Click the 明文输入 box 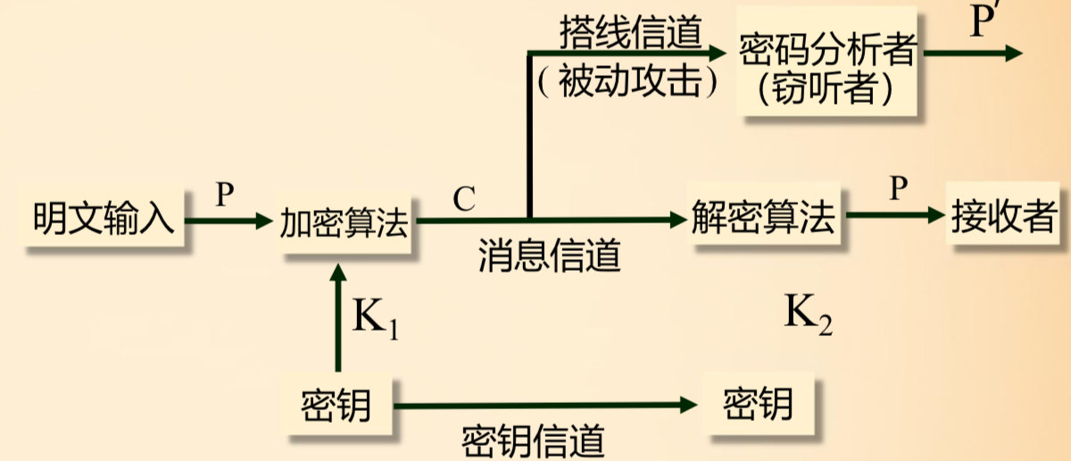[x=104, y=219]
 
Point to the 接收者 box [x=1004, y=217]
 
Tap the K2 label [x=809, y=315]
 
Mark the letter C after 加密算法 [x=463, y=199]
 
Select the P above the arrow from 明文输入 [x=224, y=196]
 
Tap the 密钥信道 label [x=534, y=440]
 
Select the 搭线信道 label [x=630, y=32]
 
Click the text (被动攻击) [x=630, y=82]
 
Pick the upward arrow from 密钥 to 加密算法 [x=336, y=317]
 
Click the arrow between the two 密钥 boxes [x=544, y=406]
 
